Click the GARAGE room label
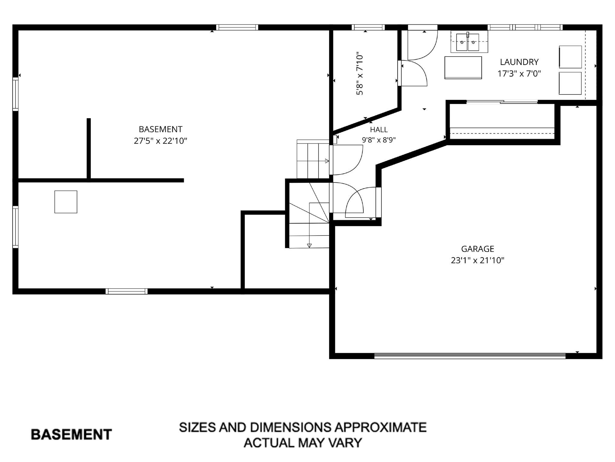click(477, 249)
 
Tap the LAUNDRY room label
click(519, 62)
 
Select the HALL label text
click(379, 130)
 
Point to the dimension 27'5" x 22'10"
click(160, 140)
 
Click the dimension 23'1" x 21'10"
click(477, 260)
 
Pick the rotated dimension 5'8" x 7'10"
click(360, 75)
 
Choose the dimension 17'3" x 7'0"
click(519, 73)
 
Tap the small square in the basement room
click(66, 202)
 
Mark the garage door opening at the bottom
click(470, 356)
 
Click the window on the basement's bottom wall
click(126, 291)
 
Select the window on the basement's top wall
click(237, 27)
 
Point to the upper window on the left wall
click(15, 94)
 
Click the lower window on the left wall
click(15, 227)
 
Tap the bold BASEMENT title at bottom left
click(71, 435)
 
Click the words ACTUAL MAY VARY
click(303, 442)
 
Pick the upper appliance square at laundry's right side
click(570, 57)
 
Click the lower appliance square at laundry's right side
click(570, 83)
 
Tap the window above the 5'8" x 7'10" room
click(368, 27)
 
